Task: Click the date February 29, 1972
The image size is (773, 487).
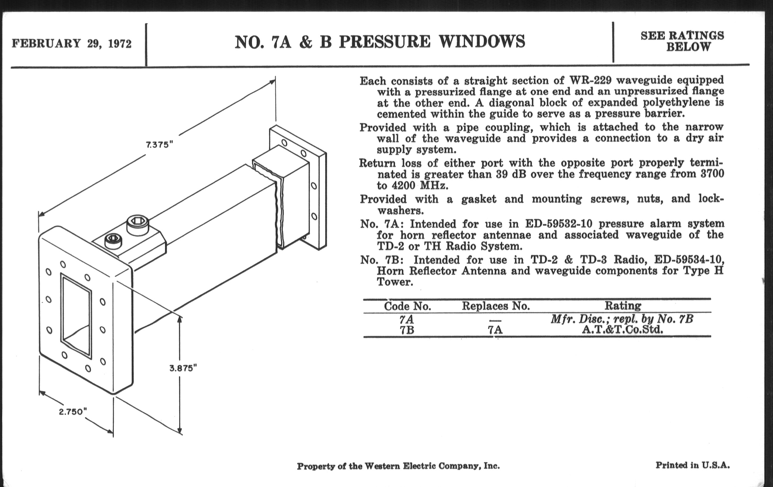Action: click(72, 43)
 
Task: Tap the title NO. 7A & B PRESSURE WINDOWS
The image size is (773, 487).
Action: click(380, 42)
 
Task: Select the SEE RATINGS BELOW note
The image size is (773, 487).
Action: click(682, 41)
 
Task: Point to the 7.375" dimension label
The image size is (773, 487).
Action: click(160, 145)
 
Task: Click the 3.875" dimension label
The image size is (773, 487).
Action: click(183, 368)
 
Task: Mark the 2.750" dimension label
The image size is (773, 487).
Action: click(73, 412)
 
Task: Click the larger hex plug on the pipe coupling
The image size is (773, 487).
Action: click(138, 225)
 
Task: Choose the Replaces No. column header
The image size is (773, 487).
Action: click(496, 306)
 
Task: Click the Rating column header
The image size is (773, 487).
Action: click(623, 305)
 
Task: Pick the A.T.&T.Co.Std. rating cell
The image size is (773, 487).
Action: click(622, 329)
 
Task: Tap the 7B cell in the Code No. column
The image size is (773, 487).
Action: click(407, 330)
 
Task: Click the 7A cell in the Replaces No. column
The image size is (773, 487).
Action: click(495, 330)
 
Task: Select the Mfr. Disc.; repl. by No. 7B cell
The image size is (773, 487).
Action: click(622, 319)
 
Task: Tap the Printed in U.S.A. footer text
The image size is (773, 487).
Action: click(692, 465)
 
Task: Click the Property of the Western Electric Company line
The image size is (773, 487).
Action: click(398, 466)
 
